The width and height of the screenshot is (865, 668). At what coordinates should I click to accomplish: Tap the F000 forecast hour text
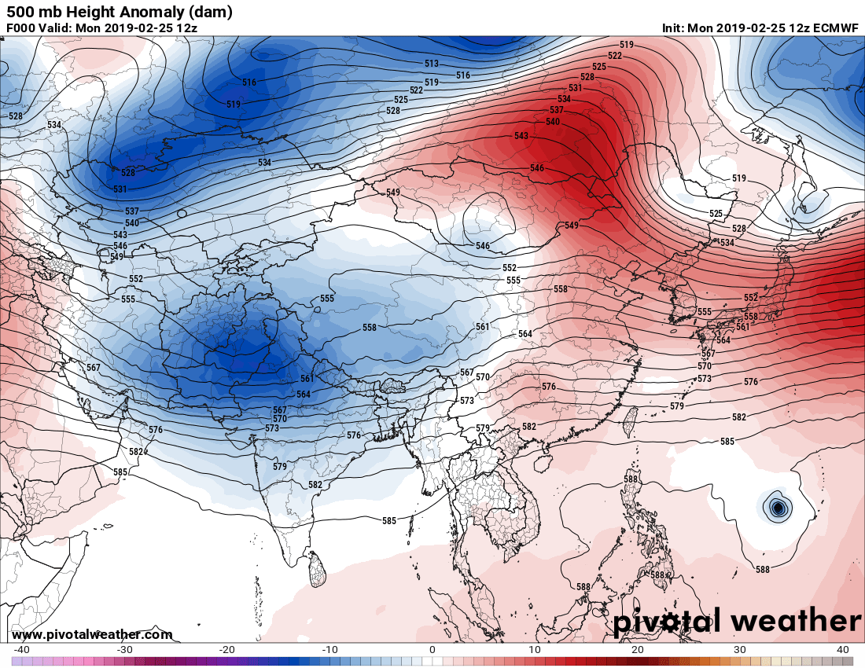coord(21,28)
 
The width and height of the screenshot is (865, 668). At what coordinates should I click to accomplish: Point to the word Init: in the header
coord(674,28)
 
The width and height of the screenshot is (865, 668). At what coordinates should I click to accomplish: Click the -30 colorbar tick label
coord(124,650)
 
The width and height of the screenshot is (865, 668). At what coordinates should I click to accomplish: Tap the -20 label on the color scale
coord(226,650)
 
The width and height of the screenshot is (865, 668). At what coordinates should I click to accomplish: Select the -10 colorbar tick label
coord(329,650)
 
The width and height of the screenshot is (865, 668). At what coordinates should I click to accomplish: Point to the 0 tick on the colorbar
coord(432,650)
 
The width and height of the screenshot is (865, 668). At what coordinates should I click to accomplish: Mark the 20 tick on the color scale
coord(638,650)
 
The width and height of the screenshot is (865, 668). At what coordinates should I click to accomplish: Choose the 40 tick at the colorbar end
coord(843,650)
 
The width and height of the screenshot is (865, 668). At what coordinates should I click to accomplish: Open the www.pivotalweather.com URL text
coord(92,635)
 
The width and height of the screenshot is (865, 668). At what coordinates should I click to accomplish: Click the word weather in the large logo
coord(796,622)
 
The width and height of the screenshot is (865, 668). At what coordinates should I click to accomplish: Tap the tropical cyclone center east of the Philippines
coord(778,508)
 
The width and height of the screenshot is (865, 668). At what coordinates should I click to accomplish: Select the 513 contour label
coord(432,64)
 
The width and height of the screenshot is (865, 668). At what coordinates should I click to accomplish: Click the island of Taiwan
coord(628,421)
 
